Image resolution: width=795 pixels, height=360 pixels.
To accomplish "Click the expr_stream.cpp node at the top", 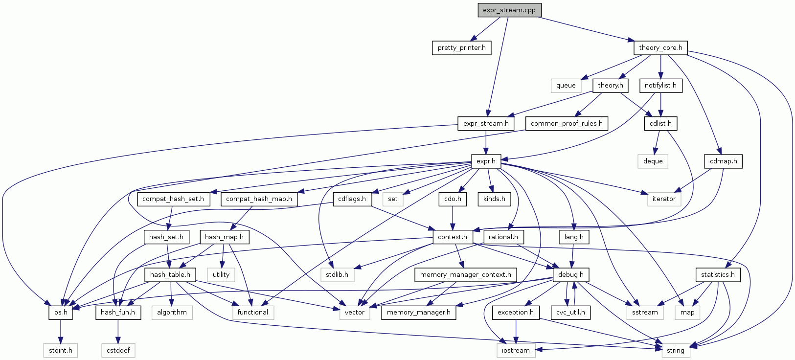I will (x=509, y=10).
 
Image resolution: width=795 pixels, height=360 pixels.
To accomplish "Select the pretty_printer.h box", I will (x=461, y=48).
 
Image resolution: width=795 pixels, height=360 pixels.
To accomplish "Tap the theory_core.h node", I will (x=660, y=48).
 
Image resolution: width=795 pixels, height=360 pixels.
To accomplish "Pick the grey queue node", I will (x=566, y=86).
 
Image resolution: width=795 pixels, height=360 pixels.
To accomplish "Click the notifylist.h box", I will (x=660, y=86).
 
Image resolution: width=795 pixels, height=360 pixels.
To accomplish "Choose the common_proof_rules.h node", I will (x=567, y=123).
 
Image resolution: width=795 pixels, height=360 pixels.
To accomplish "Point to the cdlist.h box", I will (x=660, y=123).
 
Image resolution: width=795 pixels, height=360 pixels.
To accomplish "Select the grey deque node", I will (x=653, y=161).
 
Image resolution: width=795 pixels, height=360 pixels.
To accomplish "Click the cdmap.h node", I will (x=724, y=161).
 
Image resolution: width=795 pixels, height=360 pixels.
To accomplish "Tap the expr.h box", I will (x=486, y=161).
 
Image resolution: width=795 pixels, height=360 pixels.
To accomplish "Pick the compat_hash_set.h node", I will (x=173, y=199).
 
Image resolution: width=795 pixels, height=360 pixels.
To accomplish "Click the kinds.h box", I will (x=494, y=199).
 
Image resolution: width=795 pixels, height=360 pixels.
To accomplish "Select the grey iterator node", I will (x=664, y=199).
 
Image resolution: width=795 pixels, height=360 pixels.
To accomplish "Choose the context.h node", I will (x=453, y=237).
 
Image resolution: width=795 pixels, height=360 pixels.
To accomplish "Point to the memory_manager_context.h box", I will (x=465, y=275).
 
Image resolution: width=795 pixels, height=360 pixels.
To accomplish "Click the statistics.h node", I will (x=718, y=275).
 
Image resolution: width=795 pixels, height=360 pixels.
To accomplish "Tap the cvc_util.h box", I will (x=570, y=313).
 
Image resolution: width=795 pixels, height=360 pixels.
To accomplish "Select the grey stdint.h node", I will (x=61, y=351).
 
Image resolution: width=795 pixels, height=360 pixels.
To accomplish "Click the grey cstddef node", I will (x=118, y=351).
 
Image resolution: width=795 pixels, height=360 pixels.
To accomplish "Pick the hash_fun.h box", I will (x=118, y=313).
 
